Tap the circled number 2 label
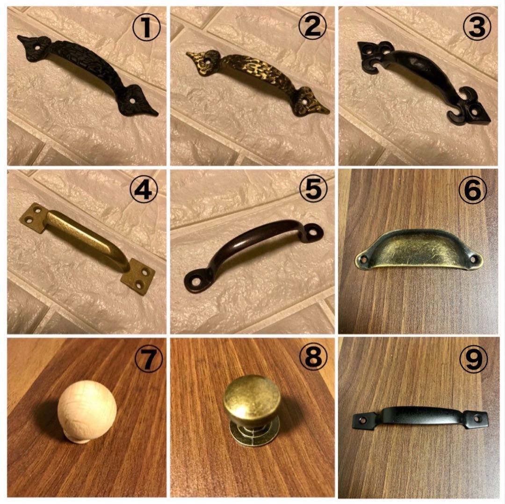point(312,26)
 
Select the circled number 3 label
point(477,27)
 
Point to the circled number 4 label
point(144,190)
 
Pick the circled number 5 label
point(313,189)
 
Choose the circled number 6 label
point(472,190)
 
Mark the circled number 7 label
point(149,359)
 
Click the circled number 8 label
point(313,358)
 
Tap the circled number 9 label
point(473,358)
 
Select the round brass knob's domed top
point(252,397)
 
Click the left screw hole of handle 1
point(38,47)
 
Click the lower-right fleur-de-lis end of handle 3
point(469,108)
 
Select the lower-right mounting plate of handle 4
point(138,277)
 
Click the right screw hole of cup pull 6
point(473,258)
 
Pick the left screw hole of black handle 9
point(363,420)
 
